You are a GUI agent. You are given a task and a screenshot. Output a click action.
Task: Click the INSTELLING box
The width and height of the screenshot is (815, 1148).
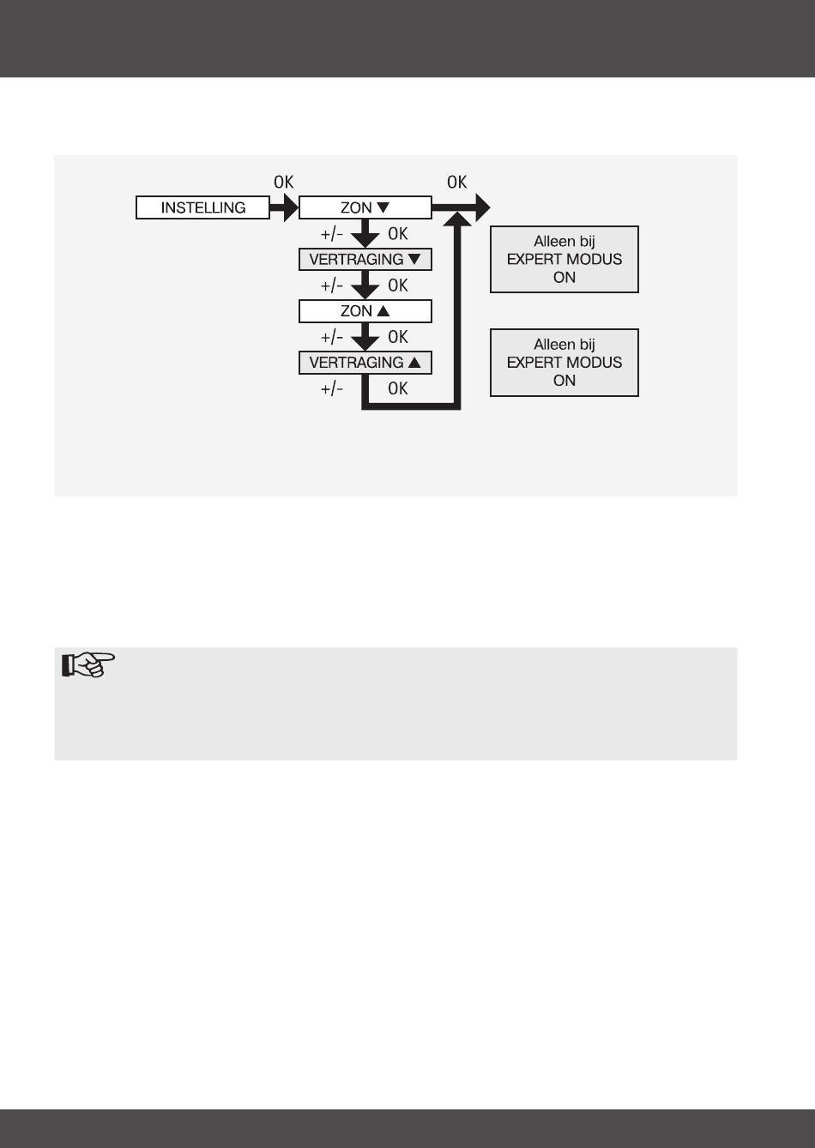(202, 207)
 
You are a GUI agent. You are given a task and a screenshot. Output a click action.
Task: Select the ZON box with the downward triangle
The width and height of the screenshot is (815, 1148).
(365, 207)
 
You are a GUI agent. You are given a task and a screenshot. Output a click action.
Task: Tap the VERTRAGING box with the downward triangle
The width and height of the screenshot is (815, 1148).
(365, 259)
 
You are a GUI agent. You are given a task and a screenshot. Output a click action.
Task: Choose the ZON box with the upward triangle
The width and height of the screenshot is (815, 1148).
(365, 310)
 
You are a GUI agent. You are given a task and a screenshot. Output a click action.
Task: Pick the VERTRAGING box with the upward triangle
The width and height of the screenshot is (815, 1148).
(365, 363)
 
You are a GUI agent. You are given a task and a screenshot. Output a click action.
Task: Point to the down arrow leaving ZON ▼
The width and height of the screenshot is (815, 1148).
(365, 234)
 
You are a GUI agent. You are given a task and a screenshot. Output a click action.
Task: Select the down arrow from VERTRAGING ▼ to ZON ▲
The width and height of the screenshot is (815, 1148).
(365, 285)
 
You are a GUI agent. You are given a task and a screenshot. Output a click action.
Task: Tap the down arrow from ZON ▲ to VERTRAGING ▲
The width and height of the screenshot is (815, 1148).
(365, 337)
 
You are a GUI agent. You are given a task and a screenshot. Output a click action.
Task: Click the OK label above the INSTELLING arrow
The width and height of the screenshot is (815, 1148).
(283, 183)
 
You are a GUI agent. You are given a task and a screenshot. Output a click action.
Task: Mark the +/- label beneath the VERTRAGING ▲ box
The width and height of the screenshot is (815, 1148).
(332, 388)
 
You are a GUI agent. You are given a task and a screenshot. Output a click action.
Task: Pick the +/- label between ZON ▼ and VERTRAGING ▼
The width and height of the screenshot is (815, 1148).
(332, 234)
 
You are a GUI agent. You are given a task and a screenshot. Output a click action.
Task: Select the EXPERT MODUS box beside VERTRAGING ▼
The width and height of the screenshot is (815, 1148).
(564, 259)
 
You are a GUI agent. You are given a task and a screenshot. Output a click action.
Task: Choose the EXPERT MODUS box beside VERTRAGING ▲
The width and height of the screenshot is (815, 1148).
(564, 363)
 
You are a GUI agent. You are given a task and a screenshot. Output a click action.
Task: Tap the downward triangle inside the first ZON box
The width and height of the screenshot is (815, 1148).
(383, 207)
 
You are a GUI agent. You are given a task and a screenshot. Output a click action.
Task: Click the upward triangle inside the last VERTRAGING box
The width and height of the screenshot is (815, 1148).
(415, 363)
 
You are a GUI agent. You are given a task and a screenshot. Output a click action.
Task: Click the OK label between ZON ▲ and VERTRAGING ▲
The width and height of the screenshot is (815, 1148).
(398, 337)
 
